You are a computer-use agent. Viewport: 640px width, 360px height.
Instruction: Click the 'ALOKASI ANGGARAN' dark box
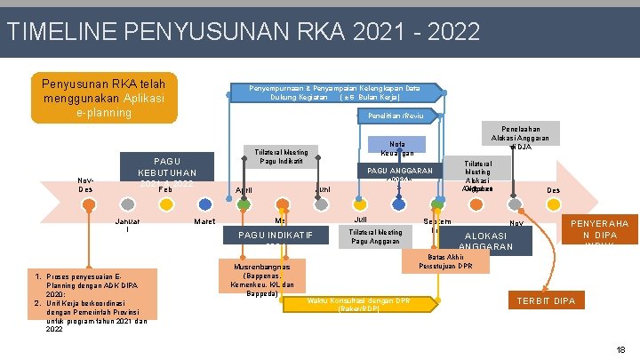point(488,237)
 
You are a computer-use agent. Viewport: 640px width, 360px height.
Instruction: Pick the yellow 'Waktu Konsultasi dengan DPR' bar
point(360,304)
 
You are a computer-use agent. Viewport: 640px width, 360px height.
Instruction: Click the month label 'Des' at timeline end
point(553,190)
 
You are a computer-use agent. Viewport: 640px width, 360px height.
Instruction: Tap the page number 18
point(620,349)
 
